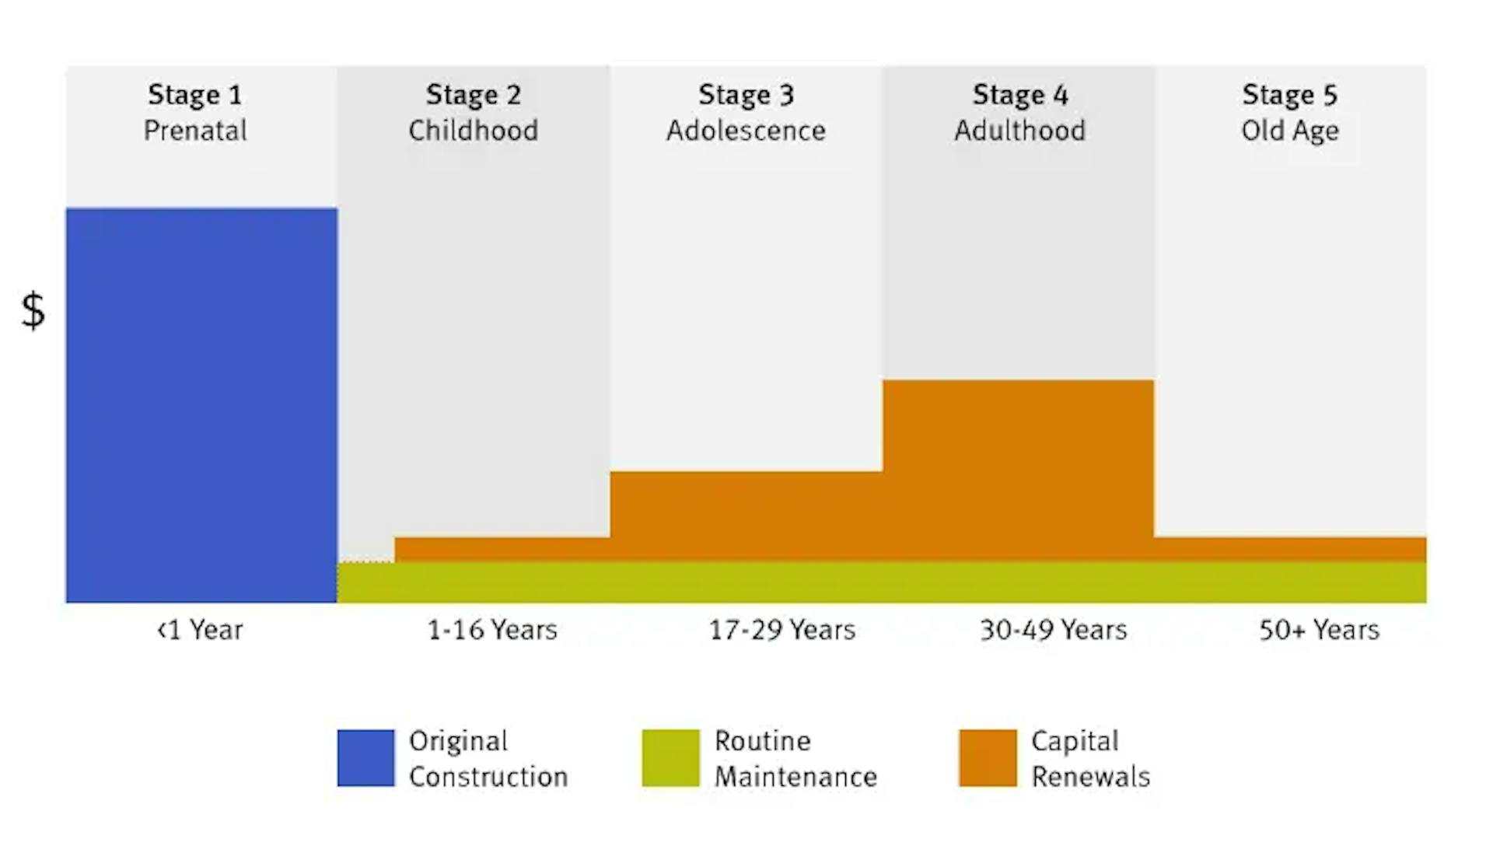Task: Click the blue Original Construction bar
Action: point(201,404)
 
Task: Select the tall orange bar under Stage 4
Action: point(1018,467)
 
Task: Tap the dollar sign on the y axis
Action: point(33,310)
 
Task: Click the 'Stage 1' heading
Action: point(195,95)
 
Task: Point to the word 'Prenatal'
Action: point(195,130)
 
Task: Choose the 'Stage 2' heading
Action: point(473,95)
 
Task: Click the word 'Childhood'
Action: point(473,130)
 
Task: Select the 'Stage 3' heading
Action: point(746,95)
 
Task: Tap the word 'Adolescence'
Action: point(746,130)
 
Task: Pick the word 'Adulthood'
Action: point(1019,130)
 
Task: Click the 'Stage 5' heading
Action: point(1289,95)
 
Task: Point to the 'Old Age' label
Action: point(1289,130)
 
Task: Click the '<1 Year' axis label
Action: point(200,629)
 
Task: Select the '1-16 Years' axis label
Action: point(492,629)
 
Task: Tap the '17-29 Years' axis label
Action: point(781,629)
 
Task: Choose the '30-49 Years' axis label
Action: point(1053,629)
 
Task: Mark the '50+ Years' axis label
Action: point(1319,629)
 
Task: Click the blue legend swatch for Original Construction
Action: point(365,757)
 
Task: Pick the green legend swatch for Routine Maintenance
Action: point(670,757)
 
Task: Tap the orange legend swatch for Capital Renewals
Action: point(988,757)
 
